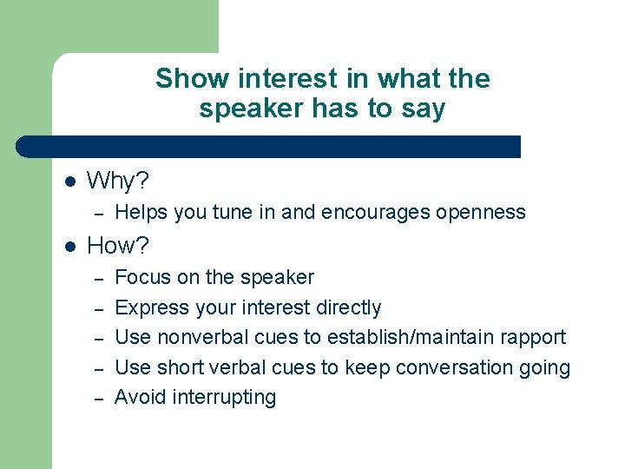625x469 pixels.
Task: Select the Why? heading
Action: (118, 182)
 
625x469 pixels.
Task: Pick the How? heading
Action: (118, 246)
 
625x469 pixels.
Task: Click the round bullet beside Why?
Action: (70, 182)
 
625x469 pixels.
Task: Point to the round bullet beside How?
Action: (70, 247)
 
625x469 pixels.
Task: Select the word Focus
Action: (141, 278)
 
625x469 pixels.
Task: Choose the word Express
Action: (150, 308)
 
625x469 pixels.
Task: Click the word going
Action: (545, 368)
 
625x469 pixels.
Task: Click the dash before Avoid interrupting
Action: (100, 399)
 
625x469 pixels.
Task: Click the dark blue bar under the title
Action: (269, 147)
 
